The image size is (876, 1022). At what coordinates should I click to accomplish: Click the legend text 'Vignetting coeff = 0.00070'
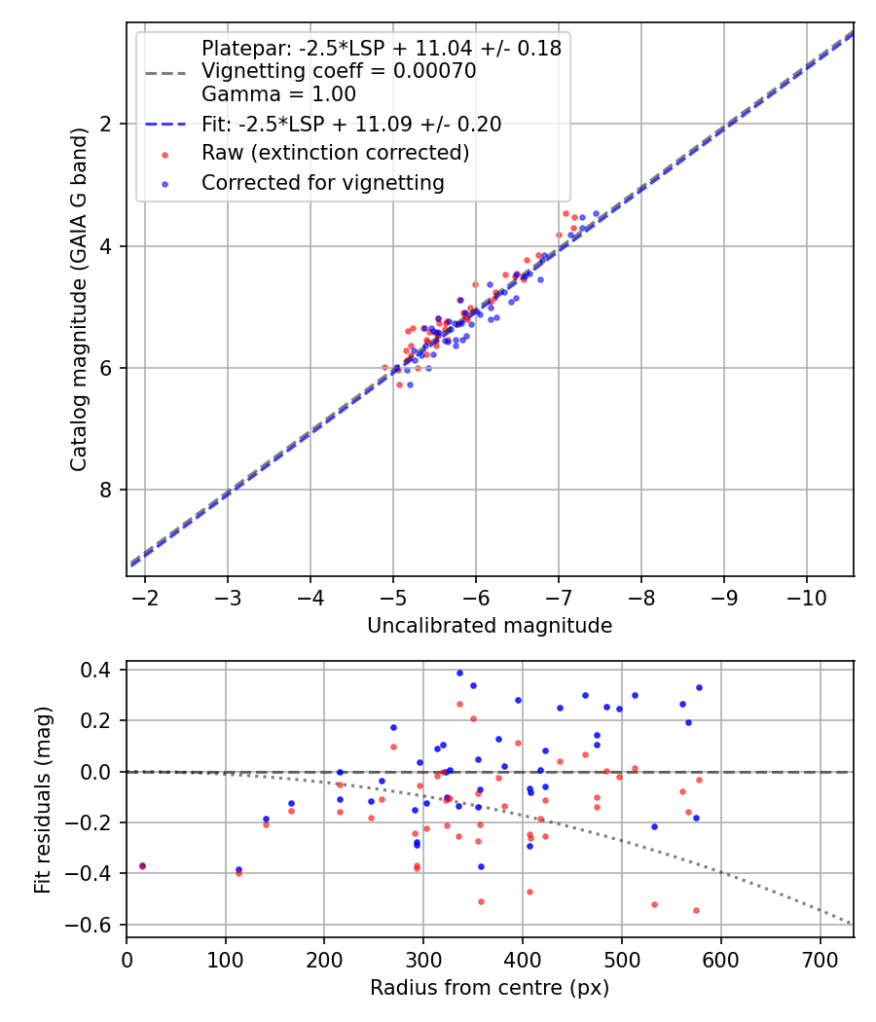(338, 71)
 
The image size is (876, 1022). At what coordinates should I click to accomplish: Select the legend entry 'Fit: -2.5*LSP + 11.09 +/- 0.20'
(351, 124)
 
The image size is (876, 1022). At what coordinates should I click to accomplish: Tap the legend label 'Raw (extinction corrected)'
(335, 153)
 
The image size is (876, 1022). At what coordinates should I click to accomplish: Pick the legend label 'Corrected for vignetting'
(322, 182)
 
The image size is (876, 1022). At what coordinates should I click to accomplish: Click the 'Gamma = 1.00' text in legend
(278, 94)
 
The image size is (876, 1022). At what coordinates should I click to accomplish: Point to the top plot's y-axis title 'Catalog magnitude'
(80, 300)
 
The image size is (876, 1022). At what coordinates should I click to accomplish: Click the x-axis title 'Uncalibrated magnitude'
(490, 626)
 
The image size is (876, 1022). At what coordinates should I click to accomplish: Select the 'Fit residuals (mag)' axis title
(42, 799)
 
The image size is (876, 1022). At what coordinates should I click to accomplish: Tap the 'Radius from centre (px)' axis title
(490, 987)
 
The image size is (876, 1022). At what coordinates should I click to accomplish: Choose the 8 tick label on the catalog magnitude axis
(106, 490)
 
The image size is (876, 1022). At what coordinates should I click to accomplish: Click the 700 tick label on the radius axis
(820, 959)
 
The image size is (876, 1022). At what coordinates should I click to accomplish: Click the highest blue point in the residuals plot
(459, 673)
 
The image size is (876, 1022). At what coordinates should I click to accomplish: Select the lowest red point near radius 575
(696, 910)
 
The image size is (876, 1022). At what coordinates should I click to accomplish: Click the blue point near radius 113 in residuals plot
(238, 869)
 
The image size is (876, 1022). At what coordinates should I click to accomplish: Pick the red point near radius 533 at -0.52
(654, 904)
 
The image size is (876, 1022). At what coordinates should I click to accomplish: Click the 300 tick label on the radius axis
(423, 959)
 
